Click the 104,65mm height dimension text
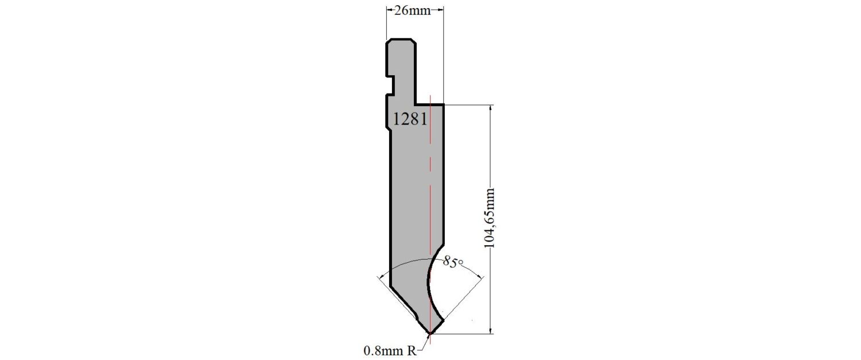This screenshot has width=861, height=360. click(x=490, y=218)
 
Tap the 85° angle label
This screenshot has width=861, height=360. click(x=453, y=261)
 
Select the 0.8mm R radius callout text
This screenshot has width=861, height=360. click(x=390, y=351)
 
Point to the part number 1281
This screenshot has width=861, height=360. click(x=410, y=119)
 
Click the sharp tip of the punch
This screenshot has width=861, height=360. click(x=430, y=334)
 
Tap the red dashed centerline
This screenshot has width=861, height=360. click(x=430, y=219)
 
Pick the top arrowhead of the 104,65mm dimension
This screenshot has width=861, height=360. click(x=490, y=108)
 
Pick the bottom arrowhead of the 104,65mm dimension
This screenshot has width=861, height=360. click(x=490, y=330)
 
